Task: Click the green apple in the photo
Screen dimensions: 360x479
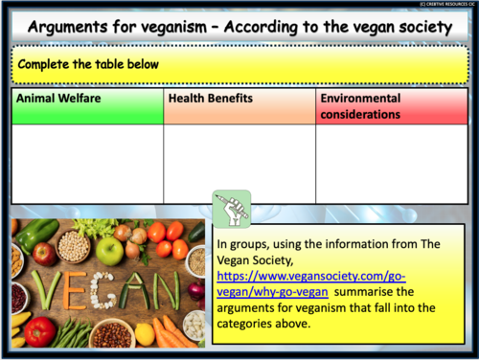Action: pos(109,251)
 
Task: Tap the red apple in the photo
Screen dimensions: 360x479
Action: pos(44,254)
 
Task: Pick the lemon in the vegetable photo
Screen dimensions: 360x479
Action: pos(145,332)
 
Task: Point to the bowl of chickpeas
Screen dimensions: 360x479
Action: pos(74,245)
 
